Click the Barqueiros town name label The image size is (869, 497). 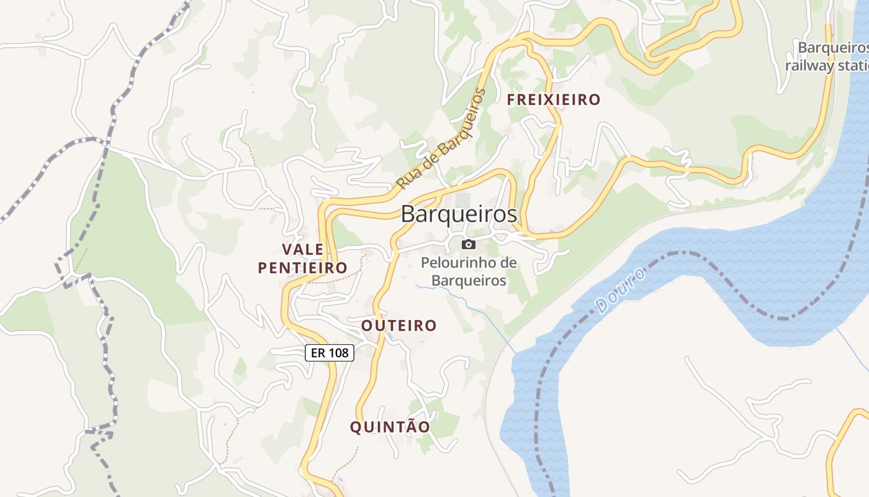pyautogui.click(x=459, y=214)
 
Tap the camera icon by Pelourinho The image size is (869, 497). pyautogui.click(x=469, y=244)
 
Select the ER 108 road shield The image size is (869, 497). pyautogui.click(x=330, y=353)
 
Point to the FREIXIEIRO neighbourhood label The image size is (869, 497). pyautogui.click(x=554, y=99)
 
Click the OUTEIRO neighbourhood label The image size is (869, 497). pyautogui.click(x=399, y=326)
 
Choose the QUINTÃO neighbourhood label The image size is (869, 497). pyautogui.click(x=390, y=427)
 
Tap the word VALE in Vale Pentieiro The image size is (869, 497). pyautogui.click(x=303, y=250)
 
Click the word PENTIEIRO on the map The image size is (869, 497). pyautogui.click(x=302, y=268)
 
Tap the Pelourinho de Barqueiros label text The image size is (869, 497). pyautogui.click(x=469, y=271)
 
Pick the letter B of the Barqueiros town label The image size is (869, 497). pyautogui.click(x=408, y=214)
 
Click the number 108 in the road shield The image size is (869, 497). pyautogui.click(x=338, y=353)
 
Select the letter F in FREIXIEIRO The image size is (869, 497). pyautogui.click(x=511, y=99)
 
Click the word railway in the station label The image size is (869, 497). pyautogui.click(x=809, y=65)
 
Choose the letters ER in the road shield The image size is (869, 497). pyautogui.click(x=317, y=353)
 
